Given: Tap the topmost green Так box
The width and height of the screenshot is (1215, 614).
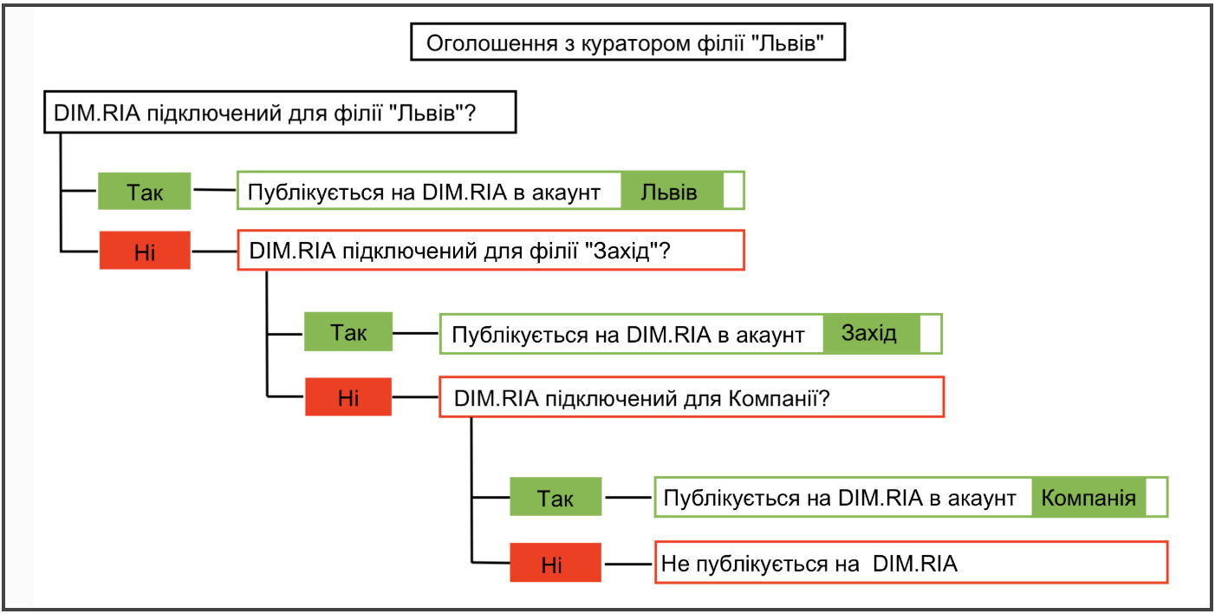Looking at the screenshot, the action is [x=144, y=191].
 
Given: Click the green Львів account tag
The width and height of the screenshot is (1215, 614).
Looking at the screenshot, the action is [x=672, y=191].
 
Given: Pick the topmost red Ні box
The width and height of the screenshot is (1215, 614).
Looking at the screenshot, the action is [x=145, y=251].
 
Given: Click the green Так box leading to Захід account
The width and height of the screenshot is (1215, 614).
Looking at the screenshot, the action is [x=348, y=331].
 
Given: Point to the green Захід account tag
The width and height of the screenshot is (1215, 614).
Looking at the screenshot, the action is [x=871, y=333].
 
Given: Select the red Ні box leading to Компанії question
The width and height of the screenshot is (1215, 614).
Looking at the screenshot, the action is [x=348, y=397].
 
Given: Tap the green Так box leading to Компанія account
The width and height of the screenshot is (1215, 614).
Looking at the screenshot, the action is [x=556, y=497].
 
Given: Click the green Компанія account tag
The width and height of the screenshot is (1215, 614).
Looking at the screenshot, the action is [x=1088, y=497].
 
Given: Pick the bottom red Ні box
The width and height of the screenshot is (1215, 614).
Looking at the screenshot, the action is [x=556, y=563].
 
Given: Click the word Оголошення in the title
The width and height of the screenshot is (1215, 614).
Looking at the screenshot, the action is [x=492, y=43].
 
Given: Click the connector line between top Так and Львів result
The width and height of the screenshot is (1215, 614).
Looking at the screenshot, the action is [x=215, y=189].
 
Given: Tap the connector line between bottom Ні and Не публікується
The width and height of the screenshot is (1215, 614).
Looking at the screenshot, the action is [x=628, y=564].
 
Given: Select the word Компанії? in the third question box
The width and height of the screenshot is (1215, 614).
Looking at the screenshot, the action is [x=778, y=398].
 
